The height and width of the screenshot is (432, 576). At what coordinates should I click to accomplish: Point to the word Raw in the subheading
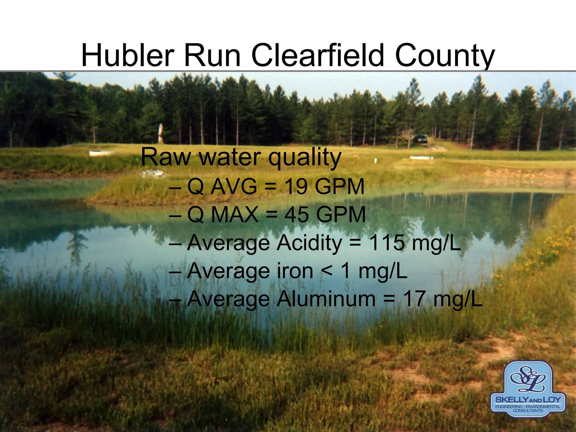coord(166,157)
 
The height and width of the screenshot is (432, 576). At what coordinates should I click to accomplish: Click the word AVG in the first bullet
coord(234,187)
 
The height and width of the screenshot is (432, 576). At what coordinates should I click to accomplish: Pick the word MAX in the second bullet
coord(234,215)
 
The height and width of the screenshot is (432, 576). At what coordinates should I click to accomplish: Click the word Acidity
coord(309,243)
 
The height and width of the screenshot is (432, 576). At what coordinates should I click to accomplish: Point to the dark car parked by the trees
coord(420,139)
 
